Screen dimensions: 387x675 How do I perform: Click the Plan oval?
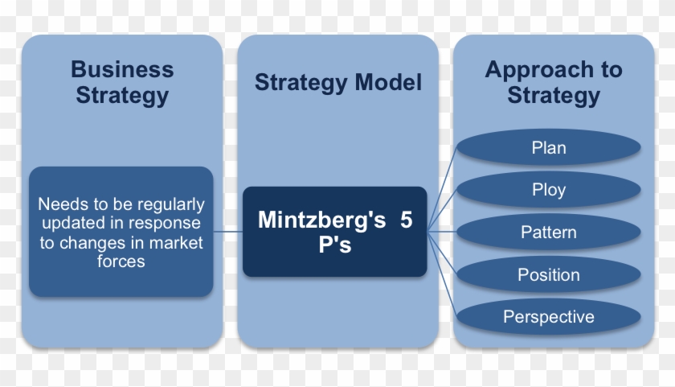[549, 148]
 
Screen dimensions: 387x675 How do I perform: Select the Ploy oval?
[549, 191]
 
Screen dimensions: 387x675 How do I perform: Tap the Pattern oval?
[549, 233]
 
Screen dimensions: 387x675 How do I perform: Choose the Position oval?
[549, 275]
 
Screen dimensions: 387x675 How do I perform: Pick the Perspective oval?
[549, 317]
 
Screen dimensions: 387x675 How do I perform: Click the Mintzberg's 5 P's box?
[334, 232]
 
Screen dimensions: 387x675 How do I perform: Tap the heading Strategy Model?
[337, 83]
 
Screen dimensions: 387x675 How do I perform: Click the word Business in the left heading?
[122, 69]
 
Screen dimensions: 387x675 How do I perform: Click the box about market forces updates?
[121, 232]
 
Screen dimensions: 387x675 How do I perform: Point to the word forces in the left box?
[121, 261]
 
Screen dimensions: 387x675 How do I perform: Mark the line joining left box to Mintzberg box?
[228, 233]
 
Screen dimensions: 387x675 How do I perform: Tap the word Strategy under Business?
[122, 96]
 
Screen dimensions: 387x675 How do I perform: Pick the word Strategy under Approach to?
[554, 97]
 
